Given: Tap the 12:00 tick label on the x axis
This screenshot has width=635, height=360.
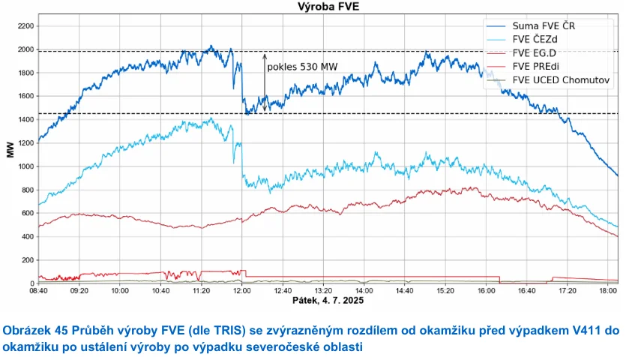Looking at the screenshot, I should click(x=241, y=290).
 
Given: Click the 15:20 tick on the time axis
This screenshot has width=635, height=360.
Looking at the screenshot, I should click(x=445, y=290).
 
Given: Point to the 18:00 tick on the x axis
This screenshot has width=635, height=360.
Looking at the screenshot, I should click(x=607, y=290).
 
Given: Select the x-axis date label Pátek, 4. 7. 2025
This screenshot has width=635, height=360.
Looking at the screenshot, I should click(x=328, y=301).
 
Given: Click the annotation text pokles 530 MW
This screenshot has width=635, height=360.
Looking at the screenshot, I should click(x=303, y=67).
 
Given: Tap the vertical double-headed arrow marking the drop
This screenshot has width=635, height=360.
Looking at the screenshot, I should click(x=265, y=82).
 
